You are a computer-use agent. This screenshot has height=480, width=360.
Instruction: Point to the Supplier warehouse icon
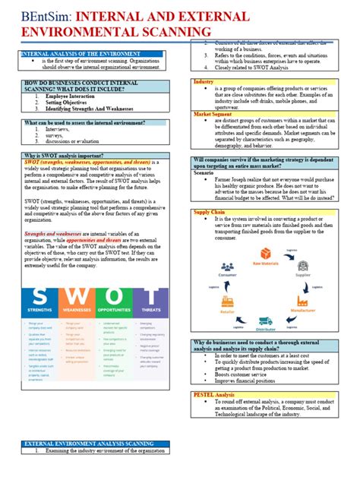tap(302, 269)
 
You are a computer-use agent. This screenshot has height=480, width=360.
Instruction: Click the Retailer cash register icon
tap(228, 301)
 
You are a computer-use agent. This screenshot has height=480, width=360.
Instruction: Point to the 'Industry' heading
tap(204, 81)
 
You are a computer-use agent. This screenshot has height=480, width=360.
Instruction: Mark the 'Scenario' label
tap(204, 172)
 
